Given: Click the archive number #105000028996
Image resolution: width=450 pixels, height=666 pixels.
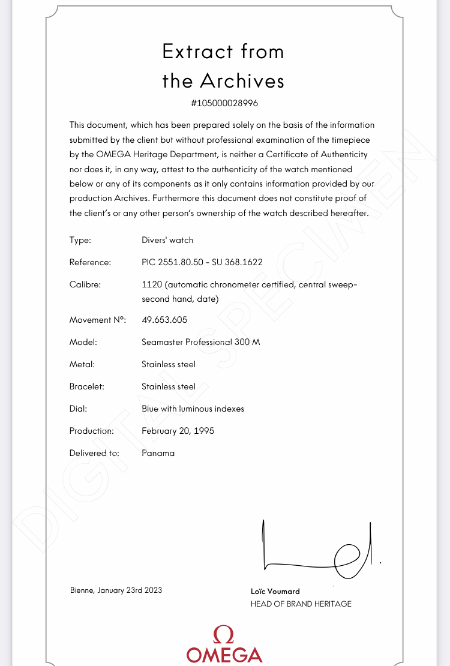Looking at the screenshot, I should (224, 103).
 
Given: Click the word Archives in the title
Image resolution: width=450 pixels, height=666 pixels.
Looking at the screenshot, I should (242, 81).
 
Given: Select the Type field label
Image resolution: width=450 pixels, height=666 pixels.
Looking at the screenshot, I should (80, 240).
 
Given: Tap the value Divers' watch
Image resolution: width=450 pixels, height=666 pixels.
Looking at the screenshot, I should (167, 240).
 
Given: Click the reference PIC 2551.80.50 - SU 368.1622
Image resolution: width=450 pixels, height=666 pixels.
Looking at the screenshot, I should (202, 262).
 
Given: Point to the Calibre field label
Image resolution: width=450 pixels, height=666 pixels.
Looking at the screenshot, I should (85, 284).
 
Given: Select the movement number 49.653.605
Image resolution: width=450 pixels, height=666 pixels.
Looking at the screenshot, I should (164, 320).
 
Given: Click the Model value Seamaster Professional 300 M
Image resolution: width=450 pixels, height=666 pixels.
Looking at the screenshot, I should (200, 342).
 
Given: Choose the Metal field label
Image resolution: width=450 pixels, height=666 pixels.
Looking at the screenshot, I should (82, 364).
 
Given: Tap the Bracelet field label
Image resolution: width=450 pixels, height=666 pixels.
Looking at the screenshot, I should (87, 386).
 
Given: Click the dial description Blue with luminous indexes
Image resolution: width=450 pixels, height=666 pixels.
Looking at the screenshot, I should (193, 409).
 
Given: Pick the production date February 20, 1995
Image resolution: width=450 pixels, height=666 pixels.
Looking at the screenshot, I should (178, 431).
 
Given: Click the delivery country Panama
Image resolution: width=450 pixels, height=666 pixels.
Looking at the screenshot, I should (158, 453).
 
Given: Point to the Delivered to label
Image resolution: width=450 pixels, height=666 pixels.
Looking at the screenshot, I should (94, 453).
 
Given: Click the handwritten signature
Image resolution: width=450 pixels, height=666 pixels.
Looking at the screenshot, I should (318, 549).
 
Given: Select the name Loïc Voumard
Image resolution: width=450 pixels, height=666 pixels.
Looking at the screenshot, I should (275, 591).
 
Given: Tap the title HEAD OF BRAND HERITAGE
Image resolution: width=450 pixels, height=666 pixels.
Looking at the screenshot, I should (301, 604).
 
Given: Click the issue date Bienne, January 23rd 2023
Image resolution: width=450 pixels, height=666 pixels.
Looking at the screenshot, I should (116, 590).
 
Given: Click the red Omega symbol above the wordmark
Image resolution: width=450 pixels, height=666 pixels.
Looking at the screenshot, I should (224, 634).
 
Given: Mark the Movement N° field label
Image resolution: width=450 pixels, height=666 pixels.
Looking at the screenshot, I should (97, 320).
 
